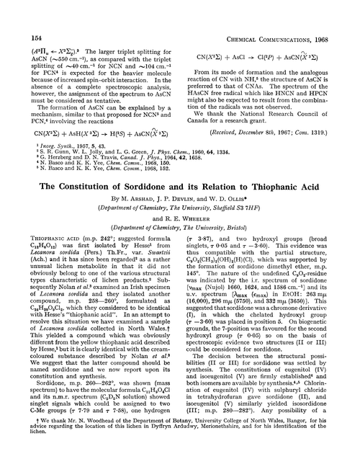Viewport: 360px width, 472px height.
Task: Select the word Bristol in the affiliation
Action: click(x=250, y=226)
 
